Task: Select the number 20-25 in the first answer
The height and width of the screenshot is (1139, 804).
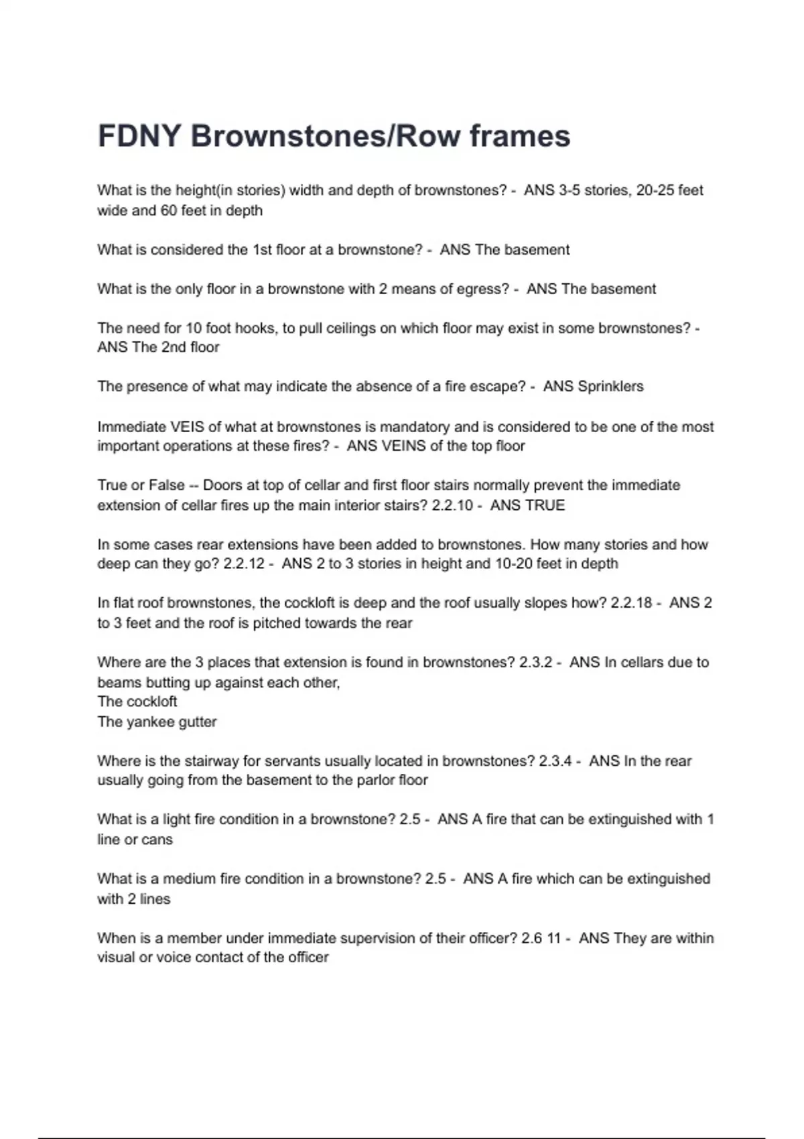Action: click(x=655, y=190)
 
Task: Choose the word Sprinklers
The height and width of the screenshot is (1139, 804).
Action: click(x=610, y=387)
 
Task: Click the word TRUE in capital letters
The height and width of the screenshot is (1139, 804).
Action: click(x=545, y=505)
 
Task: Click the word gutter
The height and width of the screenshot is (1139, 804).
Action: click(x=198, y=722)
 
